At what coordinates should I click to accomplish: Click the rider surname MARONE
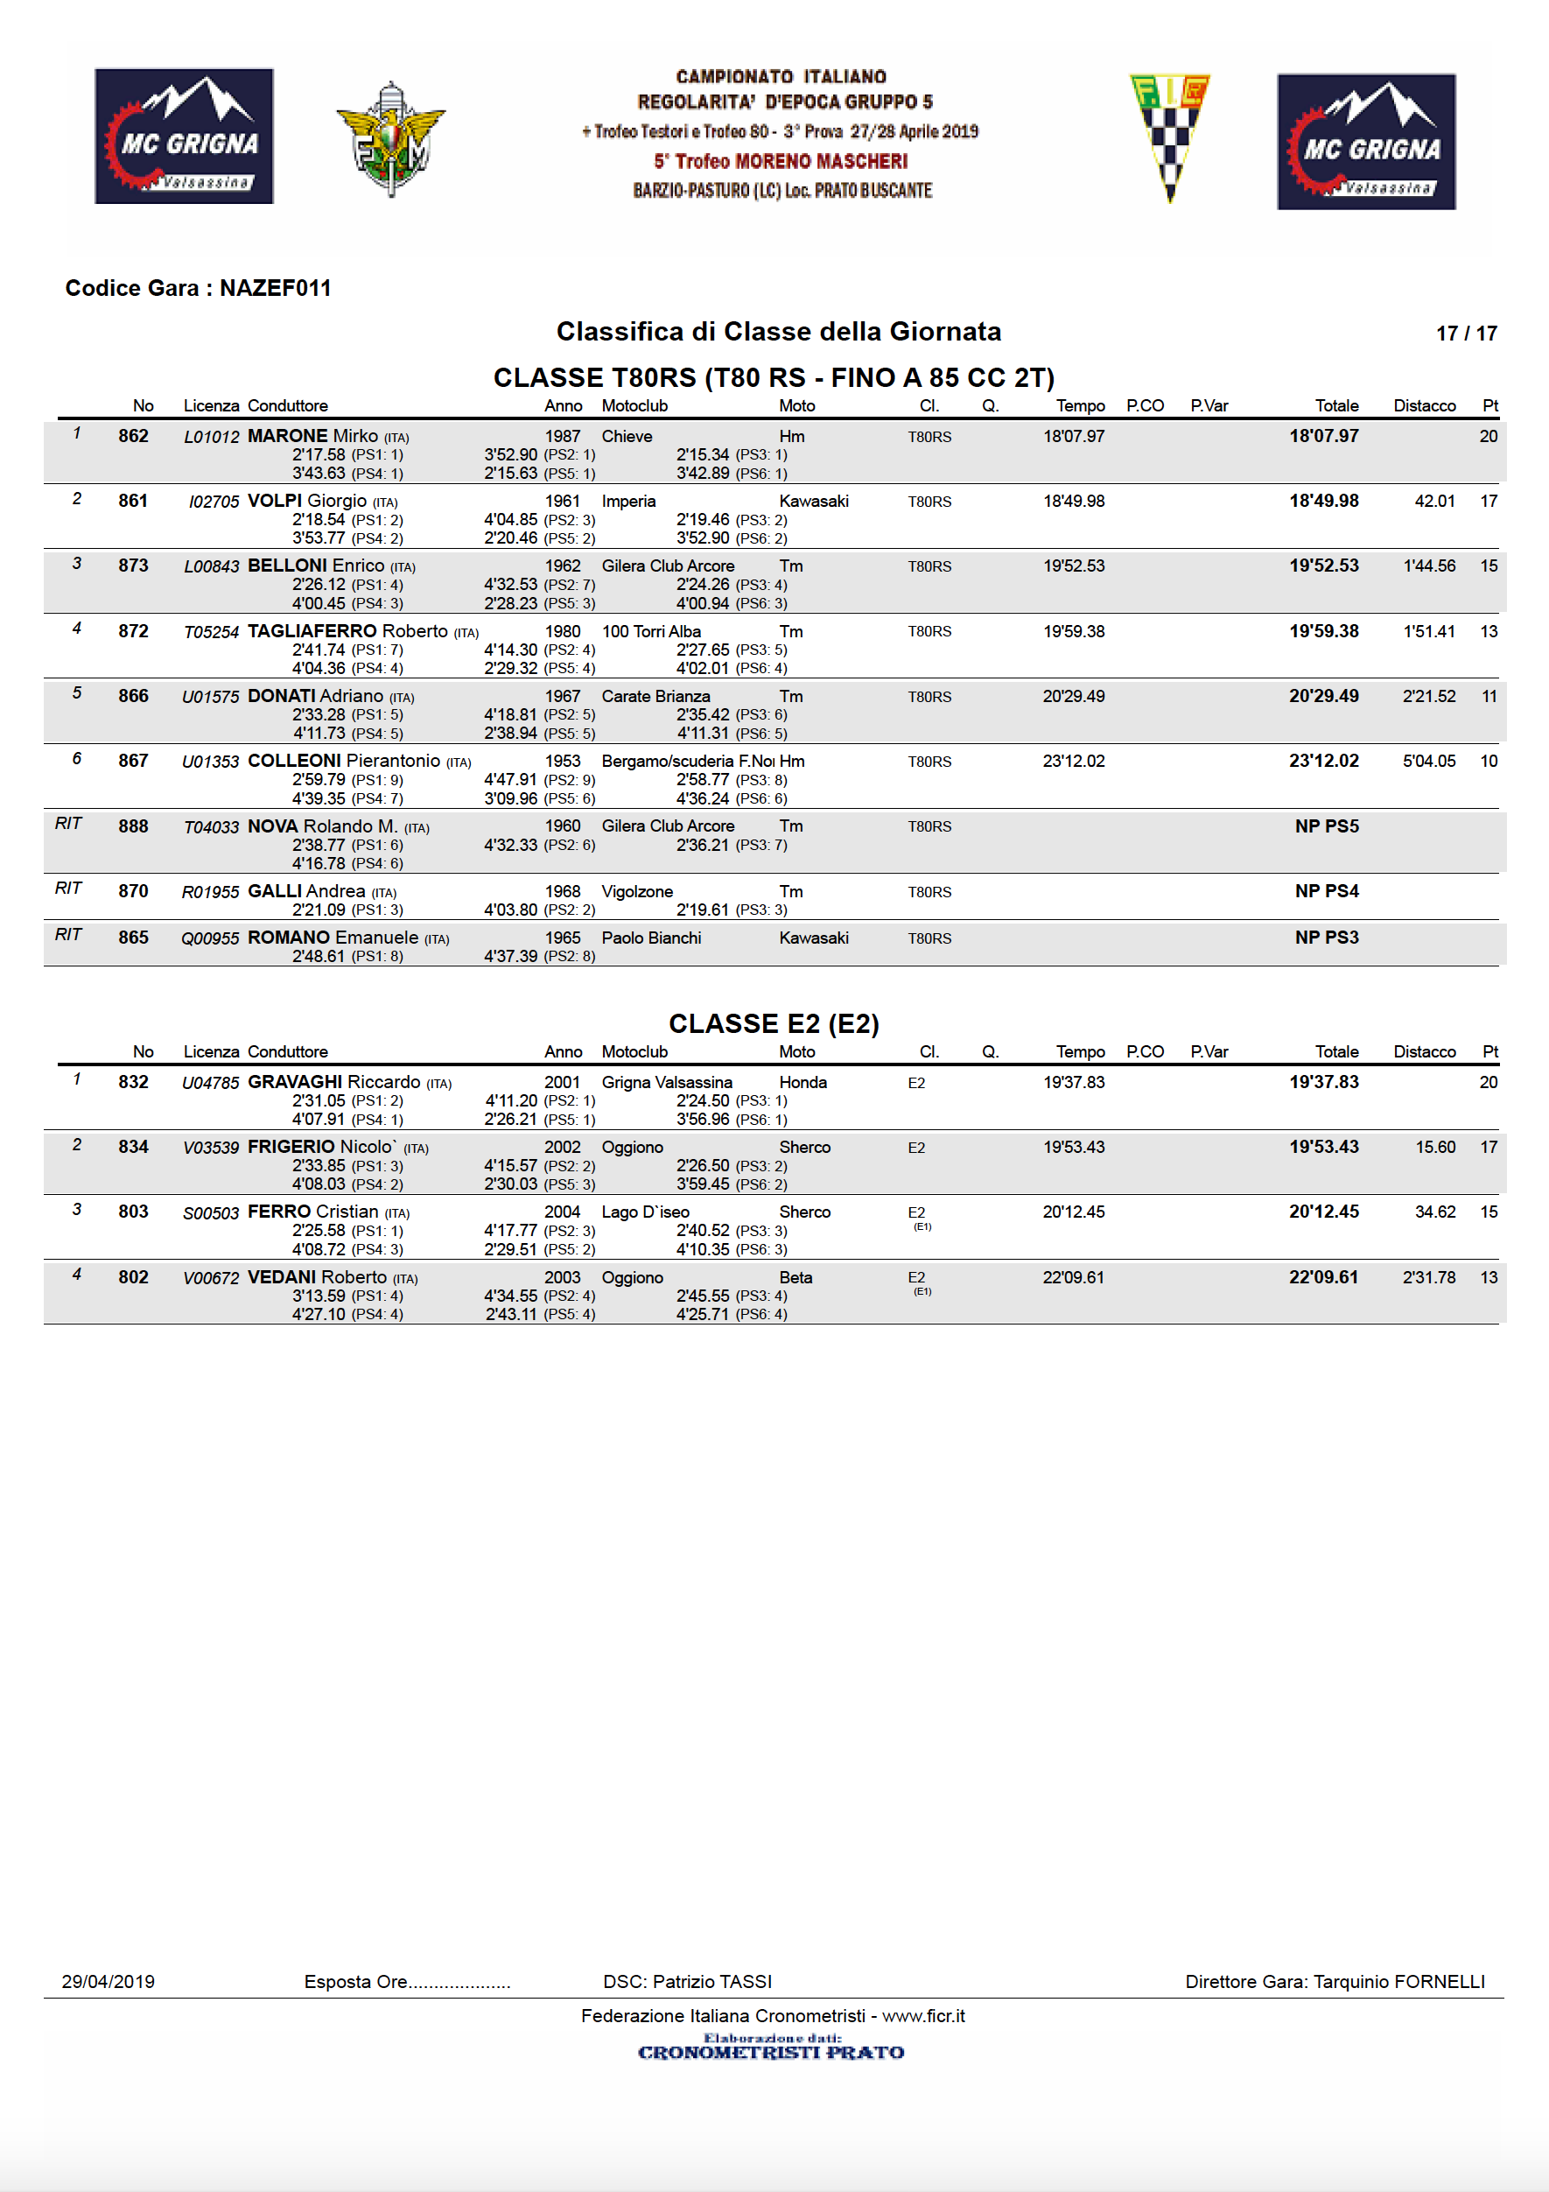pyautogui.click(x=286, y=436)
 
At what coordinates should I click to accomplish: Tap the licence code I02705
pyautogui.click(x=214, y=502)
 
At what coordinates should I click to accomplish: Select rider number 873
pyautogui.click(x=134, y=566)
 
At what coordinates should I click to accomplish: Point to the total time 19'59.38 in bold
pyautogui.click(x=1323, y=631)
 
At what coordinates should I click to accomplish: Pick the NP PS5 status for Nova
pyautogui.click(x=1326, y=826)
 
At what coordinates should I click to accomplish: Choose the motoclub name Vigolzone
pyautogui.click(x=636, y=892)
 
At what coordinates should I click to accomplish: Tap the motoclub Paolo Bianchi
pyautogui.click(x=651, y=938)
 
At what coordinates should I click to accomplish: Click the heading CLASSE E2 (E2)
pyautogui.click(x=773, y=1023)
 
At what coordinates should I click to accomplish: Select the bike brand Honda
pyautogui.click(x=803, y=1083)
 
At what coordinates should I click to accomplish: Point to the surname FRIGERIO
pyautogui.click(x=291, y=1147)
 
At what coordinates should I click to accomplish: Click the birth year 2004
pyautogui.click(x=562, y=1212)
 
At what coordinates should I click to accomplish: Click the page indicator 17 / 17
pyautogui.click(x=1465, y=334)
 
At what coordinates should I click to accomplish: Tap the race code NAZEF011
pyautogui.click(x=275, y=288)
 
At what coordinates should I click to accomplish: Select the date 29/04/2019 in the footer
pyautogui.click(x=108, y=1981)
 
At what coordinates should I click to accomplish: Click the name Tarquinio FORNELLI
pyautogui.click(x=1398, y=1981)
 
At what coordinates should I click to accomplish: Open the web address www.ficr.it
pyautogui.click(x=923, y=2015)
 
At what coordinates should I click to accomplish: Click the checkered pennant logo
pyautogui.click(x=1169, y=136)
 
